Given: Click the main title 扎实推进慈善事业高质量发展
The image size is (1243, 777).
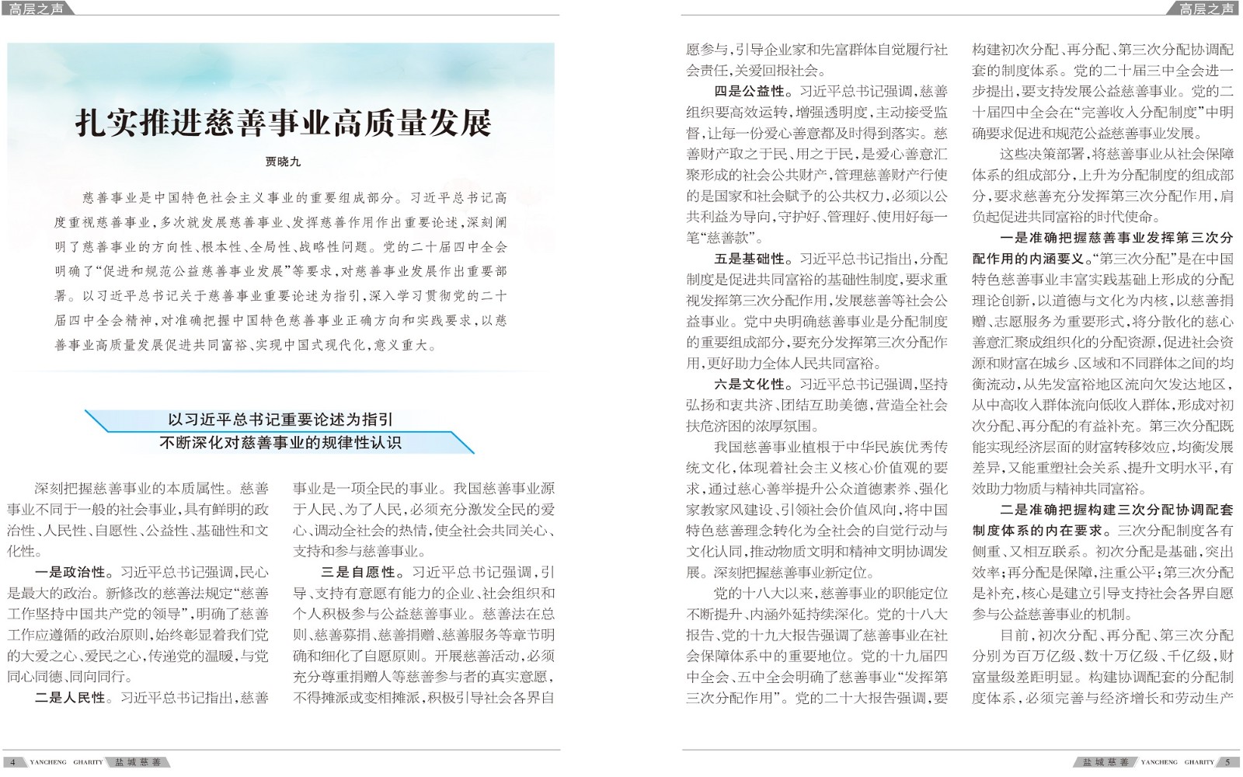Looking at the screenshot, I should pyautogui.click(x=284, y=124).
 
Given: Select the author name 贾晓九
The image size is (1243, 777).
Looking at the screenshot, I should pyautogui.click(x=283, y=162).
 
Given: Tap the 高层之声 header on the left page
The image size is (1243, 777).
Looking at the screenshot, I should pyautogui.click(x=37, y=9).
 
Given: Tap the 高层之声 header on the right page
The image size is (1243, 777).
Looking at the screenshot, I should pyautogui.click(x=1206, y=9).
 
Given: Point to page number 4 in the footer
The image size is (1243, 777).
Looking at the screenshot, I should pyautogui.click(x=13, y=762).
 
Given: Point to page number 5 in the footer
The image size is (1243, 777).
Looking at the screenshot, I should pyautogui.click(x=1227, y=762).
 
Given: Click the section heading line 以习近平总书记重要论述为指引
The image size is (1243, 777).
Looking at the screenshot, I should pyautogui.click(x=280, y=420).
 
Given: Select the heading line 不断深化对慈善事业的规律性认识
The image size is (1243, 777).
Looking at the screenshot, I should pyautogui.click(x=280, y=443).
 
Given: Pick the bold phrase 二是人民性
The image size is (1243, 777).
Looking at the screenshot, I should pyautogui.click(x=70, y=698).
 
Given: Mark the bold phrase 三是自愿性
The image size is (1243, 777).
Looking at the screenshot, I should pyautogui.click(x=357, y=573).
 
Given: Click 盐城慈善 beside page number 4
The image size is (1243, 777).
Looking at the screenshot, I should pyautogui.click(x=138, y=762).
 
